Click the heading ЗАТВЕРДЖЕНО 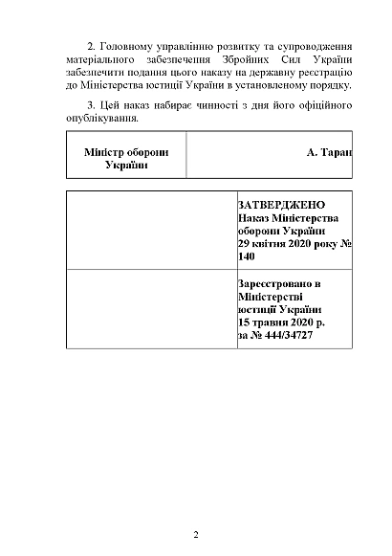click(x=281, y=206)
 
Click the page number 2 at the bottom click(x=195, y=534)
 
